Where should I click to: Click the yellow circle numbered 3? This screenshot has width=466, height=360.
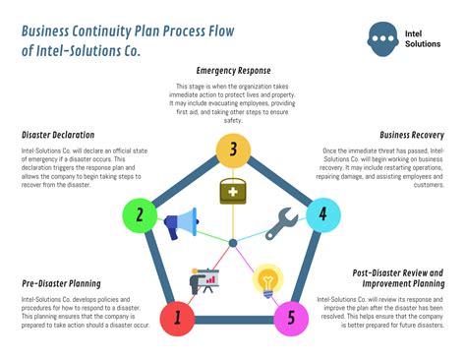point(233,150)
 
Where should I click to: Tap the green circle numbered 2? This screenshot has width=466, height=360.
point(141,215)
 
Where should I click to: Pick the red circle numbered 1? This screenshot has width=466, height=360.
point(177,317)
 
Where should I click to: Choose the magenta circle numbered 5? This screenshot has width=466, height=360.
point(289,317)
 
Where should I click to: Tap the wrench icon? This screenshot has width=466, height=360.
point(283,221)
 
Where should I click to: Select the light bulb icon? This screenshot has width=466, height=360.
point(266,281)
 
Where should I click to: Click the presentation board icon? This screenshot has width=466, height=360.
point(204,281)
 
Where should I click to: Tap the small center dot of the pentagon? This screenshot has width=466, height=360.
point(233,242)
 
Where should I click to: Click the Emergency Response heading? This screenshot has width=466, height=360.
point(233,71)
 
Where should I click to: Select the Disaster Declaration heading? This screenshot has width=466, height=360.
point(58,134)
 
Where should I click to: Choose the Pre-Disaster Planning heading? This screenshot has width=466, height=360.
point(63,283)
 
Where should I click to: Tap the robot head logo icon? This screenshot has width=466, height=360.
point(382,39)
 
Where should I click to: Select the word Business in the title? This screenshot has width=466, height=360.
point(53,29)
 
